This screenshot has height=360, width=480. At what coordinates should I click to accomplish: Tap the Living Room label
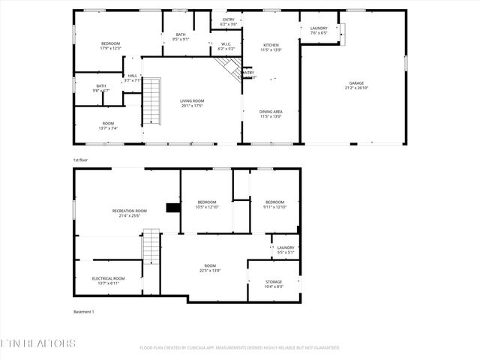(192, 103)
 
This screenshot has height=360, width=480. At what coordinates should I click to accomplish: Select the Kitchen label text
(271, 47)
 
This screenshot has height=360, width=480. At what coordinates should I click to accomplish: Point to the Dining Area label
(271, 113)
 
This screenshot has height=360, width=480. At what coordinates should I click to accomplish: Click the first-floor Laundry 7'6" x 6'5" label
(319, 30)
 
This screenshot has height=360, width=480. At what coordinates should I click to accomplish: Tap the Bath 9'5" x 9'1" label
(181, 37)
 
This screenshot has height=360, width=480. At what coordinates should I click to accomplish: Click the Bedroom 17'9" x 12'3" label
(110, 46)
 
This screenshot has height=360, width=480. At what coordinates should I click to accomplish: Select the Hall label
(133, 77)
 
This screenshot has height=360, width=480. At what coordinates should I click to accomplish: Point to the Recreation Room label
(130, 213)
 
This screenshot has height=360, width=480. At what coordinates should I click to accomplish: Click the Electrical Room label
(109, 280)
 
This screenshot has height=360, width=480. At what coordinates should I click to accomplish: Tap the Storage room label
(274, 283)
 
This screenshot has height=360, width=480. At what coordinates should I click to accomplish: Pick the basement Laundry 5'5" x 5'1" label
(285, 250)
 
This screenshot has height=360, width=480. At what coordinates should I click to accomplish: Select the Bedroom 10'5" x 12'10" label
(207, 204)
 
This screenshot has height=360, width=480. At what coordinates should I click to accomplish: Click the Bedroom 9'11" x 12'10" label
(274, 204)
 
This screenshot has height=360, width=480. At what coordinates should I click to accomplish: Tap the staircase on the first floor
(152, 102)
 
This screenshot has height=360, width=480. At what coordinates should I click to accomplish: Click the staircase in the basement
(152, 250)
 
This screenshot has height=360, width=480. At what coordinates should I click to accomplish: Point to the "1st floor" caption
(80, 160)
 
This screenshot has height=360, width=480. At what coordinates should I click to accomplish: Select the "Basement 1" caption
(83, 311)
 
